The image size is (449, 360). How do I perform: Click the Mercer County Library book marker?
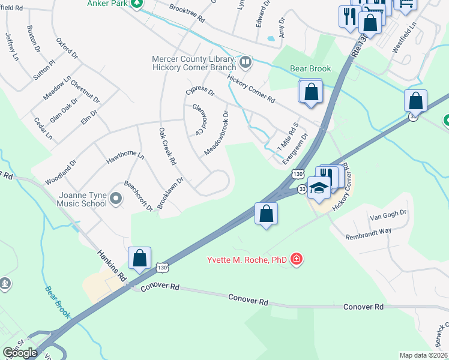pyautogui.click(x=245, y=61)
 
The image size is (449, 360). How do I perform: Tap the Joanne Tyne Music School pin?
pyautogui.click(x=117, y=199)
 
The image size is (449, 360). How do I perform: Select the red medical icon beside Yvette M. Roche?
pyautogui.click(x=295, y=259)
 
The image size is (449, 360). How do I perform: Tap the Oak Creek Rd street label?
pyautogui.click(x=167, y=146)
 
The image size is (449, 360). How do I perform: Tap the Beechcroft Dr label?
pyautogui.click(x=139, y=195)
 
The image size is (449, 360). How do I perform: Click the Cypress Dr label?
pyautogui.click(x=200, y=91)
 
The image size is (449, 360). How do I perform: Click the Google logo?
pyautogui.click(x=20, y=352)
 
